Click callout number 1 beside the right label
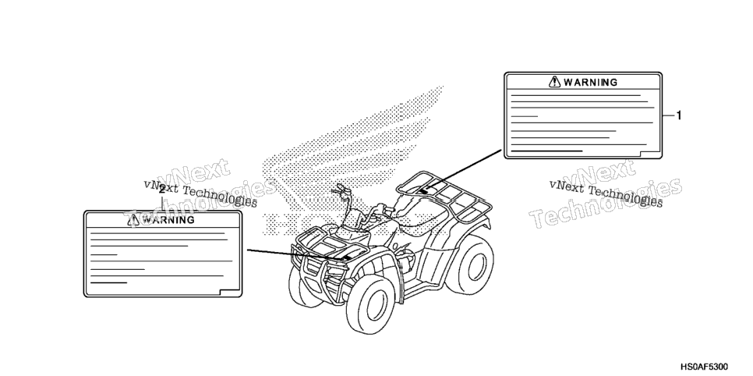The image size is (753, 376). coord(679,115)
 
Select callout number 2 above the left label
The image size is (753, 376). coord(162,190)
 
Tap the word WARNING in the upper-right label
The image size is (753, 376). coord(590,82)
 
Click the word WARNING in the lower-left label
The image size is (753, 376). coord(168,220)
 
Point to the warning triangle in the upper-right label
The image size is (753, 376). coord(555,82)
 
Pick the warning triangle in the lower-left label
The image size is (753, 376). coord(133,220)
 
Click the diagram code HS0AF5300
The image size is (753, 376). coord(704,367)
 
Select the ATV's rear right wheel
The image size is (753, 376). coord(473,264)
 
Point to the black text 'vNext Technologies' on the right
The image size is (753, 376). coord(606,193)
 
